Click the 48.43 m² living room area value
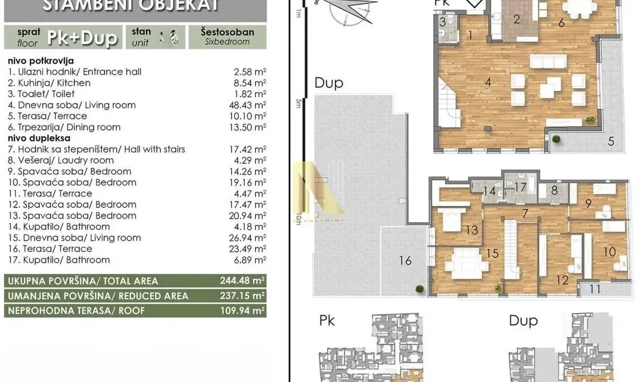tap(247, 105)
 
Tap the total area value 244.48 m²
tap(243, 281)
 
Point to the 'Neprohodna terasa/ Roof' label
tap(75, 310)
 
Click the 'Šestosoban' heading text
tap(227, 32)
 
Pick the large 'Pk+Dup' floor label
tap(82, 38)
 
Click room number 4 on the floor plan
tap(488, 82)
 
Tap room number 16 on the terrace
tap(405, 261)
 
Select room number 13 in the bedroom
tap(472, 230)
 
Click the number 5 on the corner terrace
tap(611, 141)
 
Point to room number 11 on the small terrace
tap(595, 289)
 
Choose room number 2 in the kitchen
tap(517, 20)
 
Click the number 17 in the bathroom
tap(520, 187)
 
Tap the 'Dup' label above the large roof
tap(329, 83)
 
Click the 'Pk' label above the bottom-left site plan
tap(328, 320)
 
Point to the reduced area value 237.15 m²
tap(243, 296)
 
